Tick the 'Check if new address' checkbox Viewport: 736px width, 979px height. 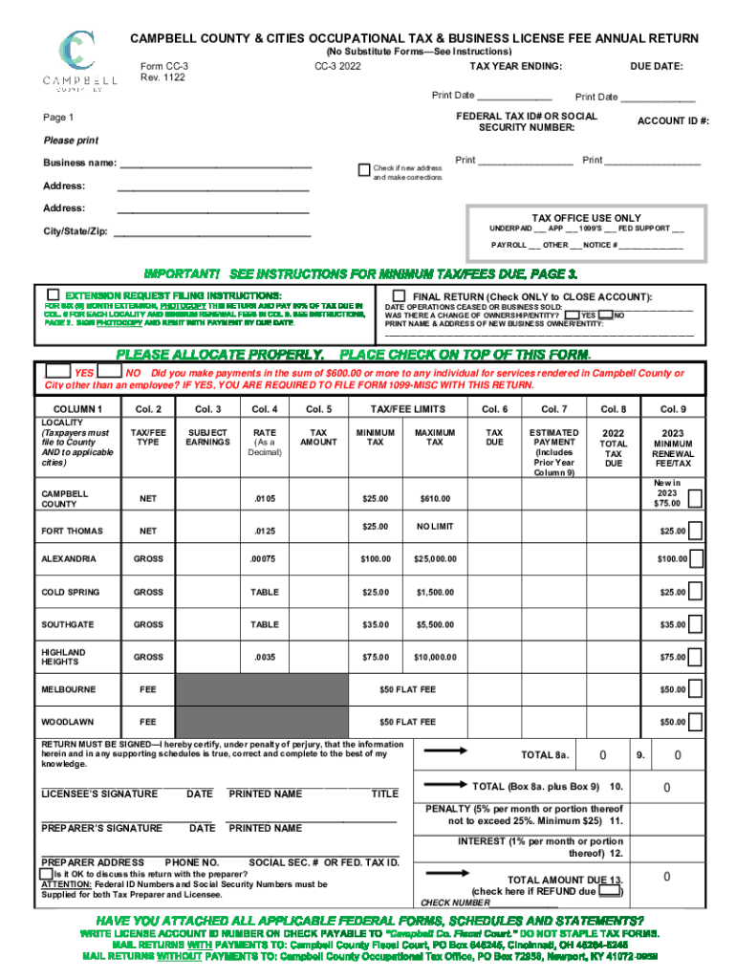coord(363,169)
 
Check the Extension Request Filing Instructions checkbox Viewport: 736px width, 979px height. coord(54,294)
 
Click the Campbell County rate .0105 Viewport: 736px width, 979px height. coord(264,498)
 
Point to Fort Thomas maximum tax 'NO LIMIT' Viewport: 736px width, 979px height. coord(435,527)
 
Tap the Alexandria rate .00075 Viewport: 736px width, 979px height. coord(264,558)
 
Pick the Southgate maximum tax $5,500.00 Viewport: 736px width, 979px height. coord(435,624)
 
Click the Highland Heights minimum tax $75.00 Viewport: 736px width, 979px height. coord(375,657)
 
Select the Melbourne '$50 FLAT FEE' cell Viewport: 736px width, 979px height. coord(407,688)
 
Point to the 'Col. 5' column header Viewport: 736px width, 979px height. coord(318,409)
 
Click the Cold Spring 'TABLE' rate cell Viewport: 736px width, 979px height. coord(264,592)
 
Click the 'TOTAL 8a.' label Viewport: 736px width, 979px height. coord(545,755)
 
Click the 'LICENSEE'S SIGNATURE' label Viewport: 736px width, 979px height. coord(100,794)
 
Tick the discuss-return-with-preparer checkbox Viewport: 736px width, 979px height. coord(46,874)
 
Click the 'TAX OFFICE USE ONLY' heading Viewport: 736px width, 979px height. coord(574,218)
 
